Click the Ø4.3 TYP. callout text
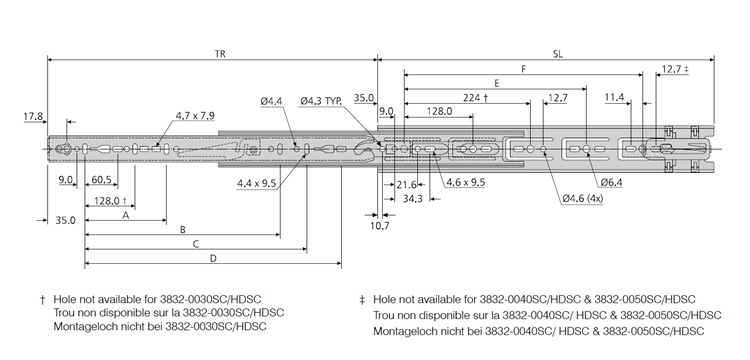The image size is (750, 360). click(320, 100)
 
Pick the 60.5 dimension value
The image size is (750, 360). click(100, 180)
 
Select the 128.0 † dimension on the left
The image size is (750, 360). click(112, 200)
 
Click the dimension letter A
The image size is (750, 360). click(125, 215)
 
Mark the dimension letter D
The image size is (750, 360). click(213, 258)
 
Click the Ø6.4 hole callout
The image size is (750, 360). click(612, 183)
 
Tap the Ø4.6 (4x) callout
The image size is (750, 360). click(583, 199)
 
